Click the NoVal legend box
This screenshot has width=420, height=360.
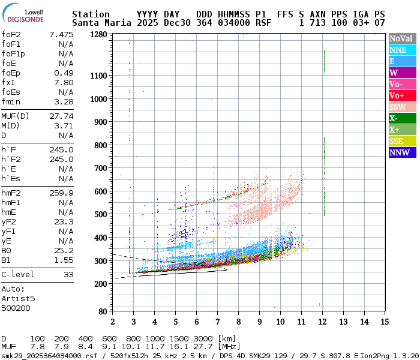click(x=401, y=38)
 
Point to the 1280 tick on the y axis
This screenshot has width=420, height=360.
click(x=98, y=35)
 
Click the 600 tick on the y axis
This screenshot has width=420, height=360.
click(x=101, y=191)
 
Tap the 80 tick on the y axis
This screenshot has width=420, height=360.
click(x=103, y=312)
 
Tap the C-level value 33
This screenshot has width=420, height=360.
click(x=68, y=274)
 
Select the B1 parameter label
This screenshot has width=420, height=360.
click(x=6, y=260)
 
